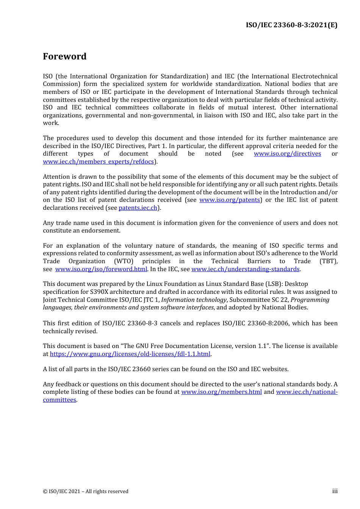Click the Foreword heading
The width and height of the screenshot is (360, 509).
click(x=64, y=56)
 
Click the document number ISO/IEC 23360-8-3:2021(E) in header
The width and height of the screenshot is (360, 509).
click(x=291, y=25)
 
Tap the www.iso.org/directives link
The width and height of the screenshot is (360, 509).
click(x=287, y=154)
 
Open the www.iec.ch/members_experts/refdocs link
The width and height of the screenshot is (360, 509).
click(x=99, y=162)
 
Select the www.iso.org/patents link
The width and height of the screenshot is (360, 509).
click(x=230, y=200)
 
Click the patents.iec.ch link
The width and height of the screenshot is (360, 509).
click(x=138, y=208)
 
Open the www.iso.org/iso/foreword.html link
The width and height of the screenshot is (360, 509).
click(x=101, y=269)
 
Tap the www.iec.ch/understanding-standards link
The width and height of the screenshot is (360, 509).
click(x=245, y=269)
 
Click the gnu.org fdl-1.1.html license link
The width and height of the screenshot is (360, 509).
click(x=130, y=354)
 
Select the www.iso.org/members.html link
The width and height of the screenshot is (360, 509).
click(x=221, y=392)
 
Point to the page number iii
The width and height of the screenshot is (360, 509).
click(x=335, y=491)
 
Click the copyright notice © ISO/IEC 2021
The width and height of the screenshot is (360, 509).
click(x=86, y=492)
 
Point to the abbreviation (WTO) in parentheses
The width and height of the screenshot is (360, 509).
click(x=124, y=261)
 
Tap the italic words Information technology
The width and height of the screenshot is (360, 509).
click(x=194, y=300)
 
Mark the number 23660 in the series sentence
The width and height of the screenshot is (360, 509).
click(x=158, y=369)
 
